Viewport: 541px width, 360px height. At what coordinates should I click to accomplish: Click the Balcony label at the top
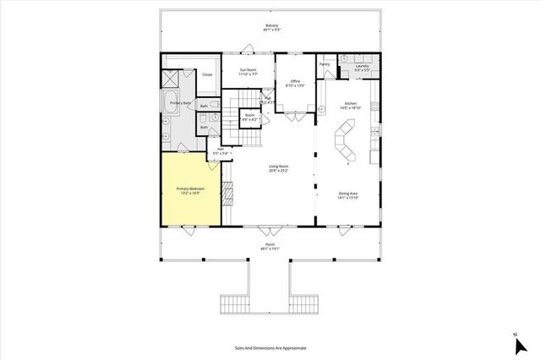(271, 26)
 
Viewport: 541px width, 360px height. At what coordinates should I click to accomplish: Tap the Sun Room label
(249, 72)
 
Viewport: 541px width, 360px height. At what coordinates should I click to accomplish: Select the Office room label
(295, 84)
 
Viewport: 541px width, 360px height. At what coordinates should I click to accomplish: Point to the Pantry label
(325, 63)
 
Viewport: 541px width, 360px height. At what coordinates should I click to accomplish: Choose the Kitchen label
(350, 106)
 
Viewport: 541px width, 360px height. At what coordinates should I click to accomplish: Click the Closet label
(207, 74)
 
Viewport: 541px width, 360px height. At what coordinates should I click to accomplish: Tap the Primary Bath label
(180, 102)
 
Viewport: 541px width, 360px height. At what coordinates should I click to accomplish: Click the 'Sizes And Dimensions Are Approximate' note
(270, 347)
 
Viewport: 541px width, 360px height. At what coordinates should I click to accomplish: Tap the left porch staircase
(237, 303)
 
